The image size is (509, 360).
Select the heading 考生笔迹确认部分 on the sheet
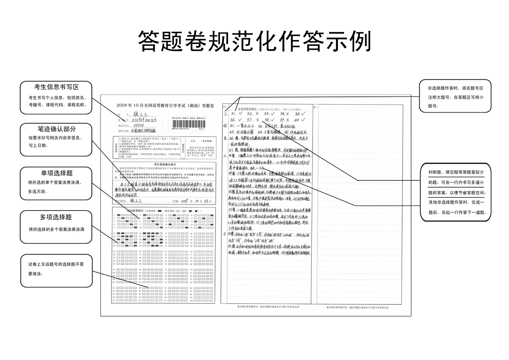pyautogui.click(x=165, y=164)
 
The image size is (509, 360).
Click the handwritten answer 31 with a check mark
pyautogui.click(x=237, y=114)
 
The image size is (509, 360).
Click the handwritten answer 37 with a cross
pyautogui.click(x=252, y=120)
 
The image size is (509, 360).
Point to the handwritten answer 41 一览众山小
pyautogui.click(x=241, y=126)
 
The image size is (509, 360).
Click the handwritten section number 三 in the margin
pyautogui.click(x=225, y=114)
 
